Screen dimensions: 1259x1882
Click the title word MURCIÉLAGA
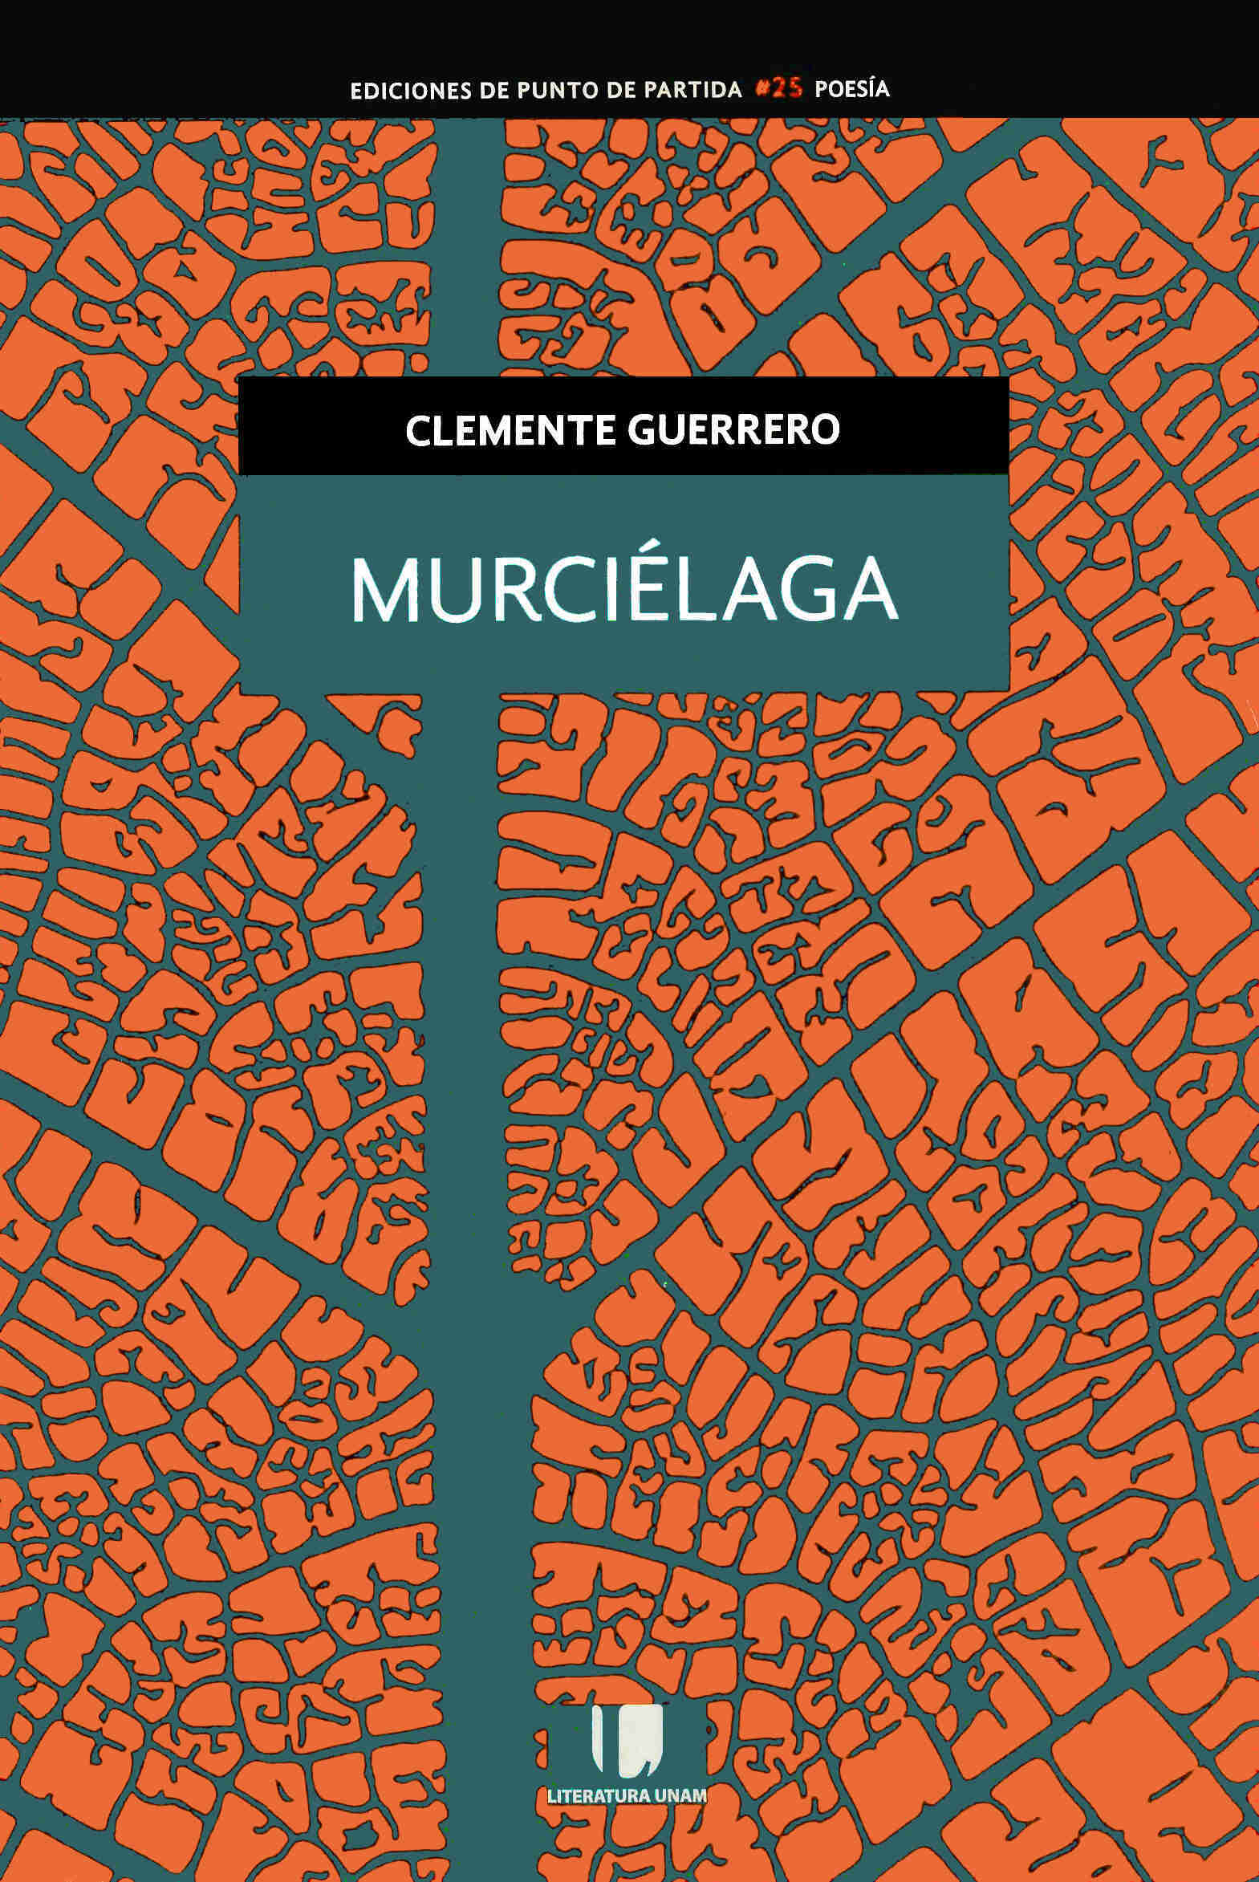[x=623, y=591]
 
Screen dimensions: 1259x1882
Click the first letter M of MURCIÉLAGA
[x=381, y=593]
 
